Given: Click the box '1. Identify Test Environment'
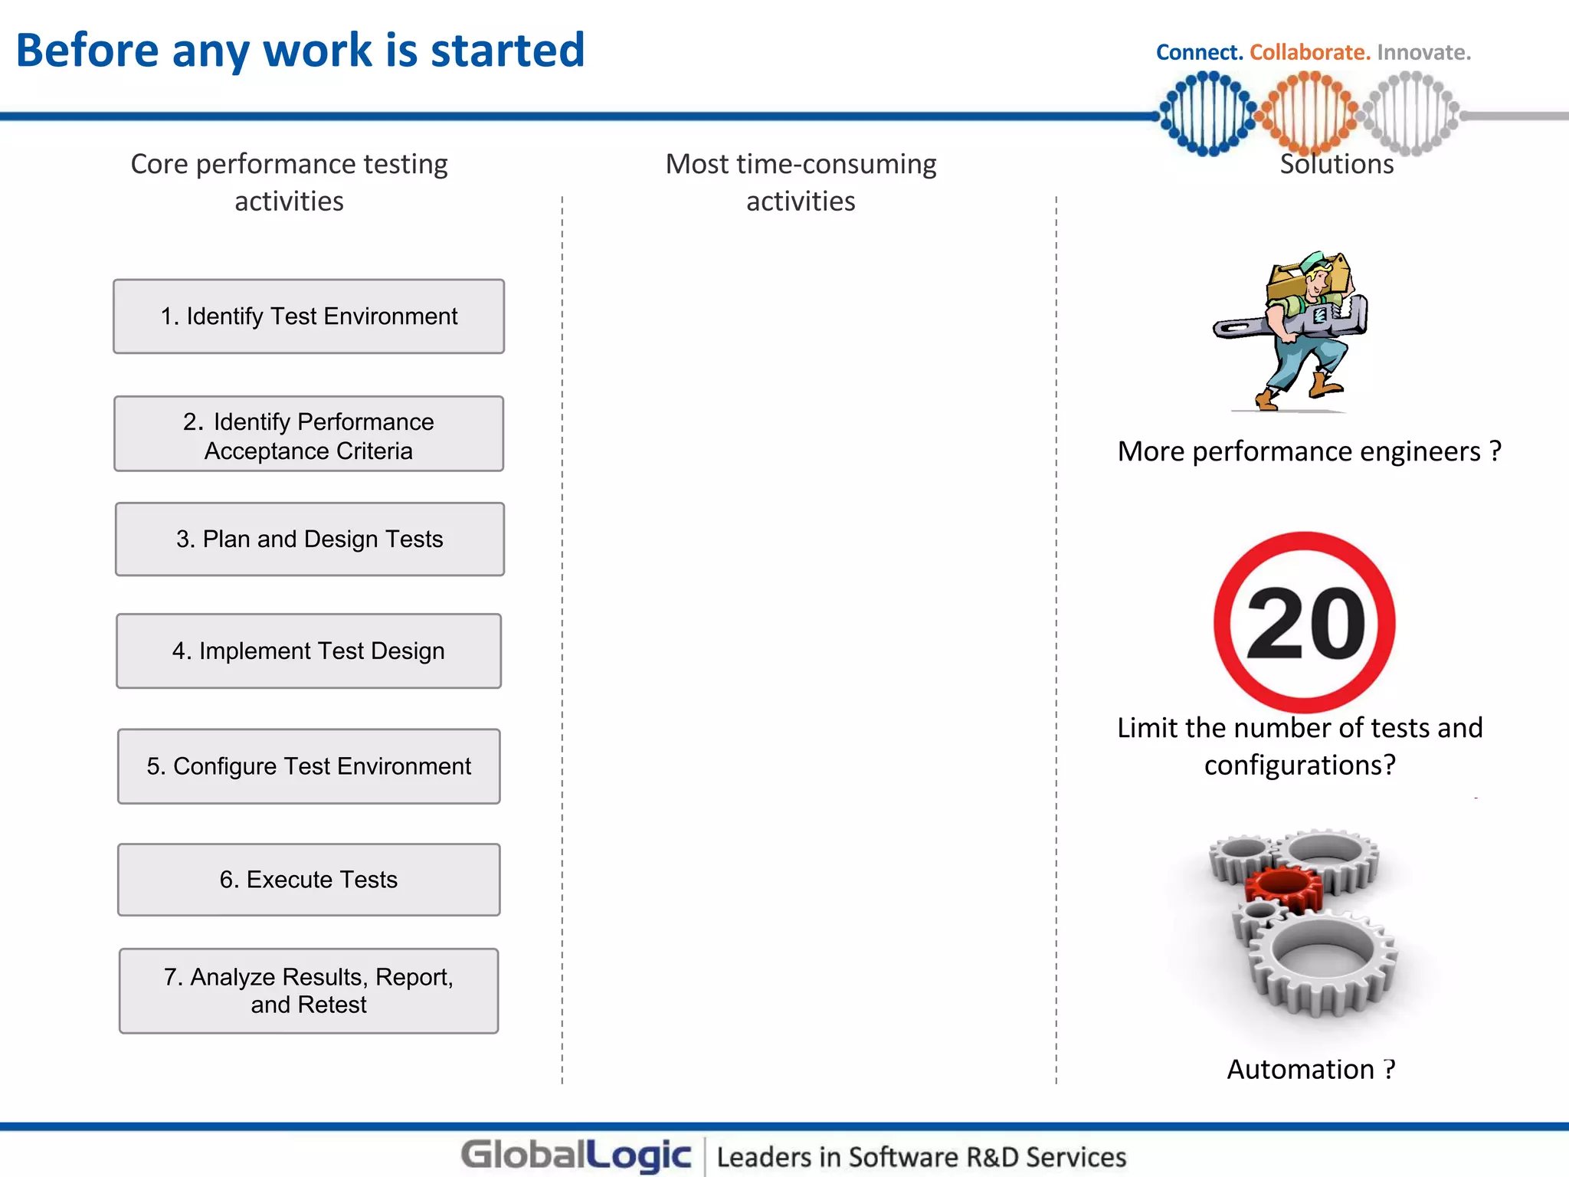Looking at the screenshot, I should tap(309, 316).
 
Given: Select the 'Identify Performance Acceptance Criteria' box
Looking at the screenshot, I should tap(309, 434).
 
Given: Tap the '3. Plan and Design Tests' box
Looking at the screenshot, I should tap(310, 539).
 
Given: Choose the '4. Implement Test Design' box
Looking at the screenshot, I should tap(309, 651).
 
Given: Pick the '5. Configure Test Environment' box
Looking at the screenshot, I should tap(309, 766).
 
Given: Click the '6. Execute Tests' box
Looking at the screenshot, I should tap(309, 880).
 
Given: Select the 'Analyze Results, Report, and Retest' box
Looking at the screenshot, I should tap(309, 991).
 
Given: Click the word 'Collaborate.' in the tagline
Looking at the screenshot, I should tap(1309, 52).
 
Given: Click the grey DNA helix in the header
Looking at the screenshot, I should tap(1412, 113).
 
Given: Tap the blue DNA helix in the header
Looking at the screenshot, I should tap(1207, 113).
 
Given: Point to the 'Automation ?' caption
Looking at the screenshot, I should tap(1311, 1069).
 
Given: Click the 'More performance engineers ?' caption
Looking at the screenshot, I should tap(1309, 451).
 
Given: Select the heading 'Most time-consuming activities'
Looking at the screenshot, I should tap(801, 182).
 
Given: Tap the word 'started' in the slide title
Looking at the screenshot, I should tap(507, 51).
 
